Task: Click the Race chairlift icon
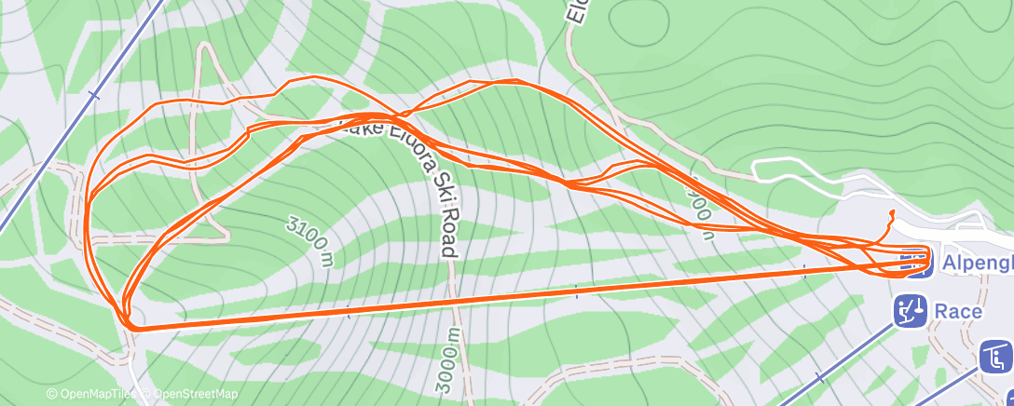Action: tap(910, 311)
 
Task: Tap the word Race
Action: tap(959, 311)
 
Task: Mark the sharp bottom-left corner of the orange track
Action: tap(131, 327)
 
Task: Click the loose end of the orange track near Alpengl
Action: tap(892, 213)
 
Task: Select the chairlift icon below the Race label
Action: tap(996, 357)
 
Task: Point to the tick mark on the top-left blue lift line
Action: tap(92, 95)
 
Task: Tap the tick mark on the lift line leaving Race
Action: tap(820, 377)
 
